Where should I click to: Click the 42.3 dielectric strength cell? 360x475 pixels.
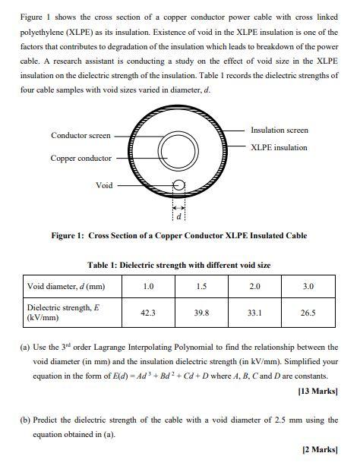149,312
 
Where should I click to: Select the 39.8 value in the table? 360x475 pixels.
201,312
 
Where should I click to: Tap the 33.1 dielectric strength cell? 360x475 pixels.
254,312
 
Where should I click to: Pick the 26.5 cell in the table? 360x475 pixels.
308,312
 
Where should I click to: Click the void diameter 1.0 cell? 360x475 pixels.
149,287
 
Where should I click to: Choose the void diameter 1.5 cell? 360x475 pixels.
201,287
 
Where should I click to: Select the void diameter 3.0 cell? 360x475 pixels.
308,287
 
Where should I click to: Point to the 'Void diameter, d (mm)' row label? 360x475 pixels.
65,287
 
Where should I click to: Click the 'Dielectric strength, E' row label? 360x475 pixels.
63,307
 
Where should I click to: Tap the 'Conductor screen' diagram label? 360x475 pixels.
81,136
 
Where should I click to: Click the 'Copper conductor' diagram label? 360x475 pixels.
81,158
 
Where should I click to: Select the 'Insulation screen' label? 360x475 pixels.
279,131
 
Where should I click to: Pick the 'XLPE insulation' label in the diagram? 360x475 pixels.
279,147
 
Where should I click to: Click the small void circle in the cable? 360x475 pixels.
179,184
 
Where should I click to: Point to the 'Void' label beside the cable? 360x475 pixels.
104,184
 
